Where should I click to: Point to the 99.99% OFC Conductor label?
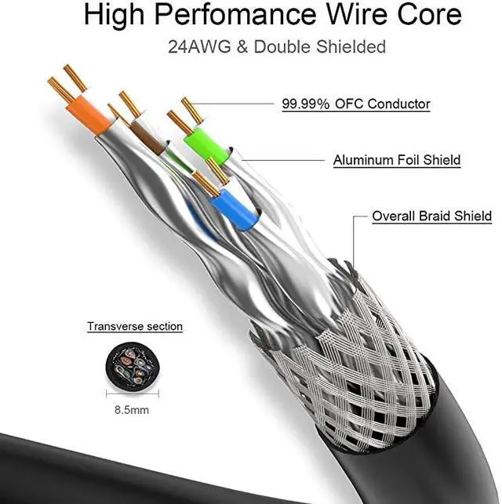click(x=356, y=103)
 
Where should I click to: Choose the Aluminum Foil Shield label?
click(x=396, y=160)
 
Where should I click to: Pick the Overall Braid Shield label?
click(x=431, y=216)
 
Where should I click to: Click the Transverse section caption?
click(x=135, y=326)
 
